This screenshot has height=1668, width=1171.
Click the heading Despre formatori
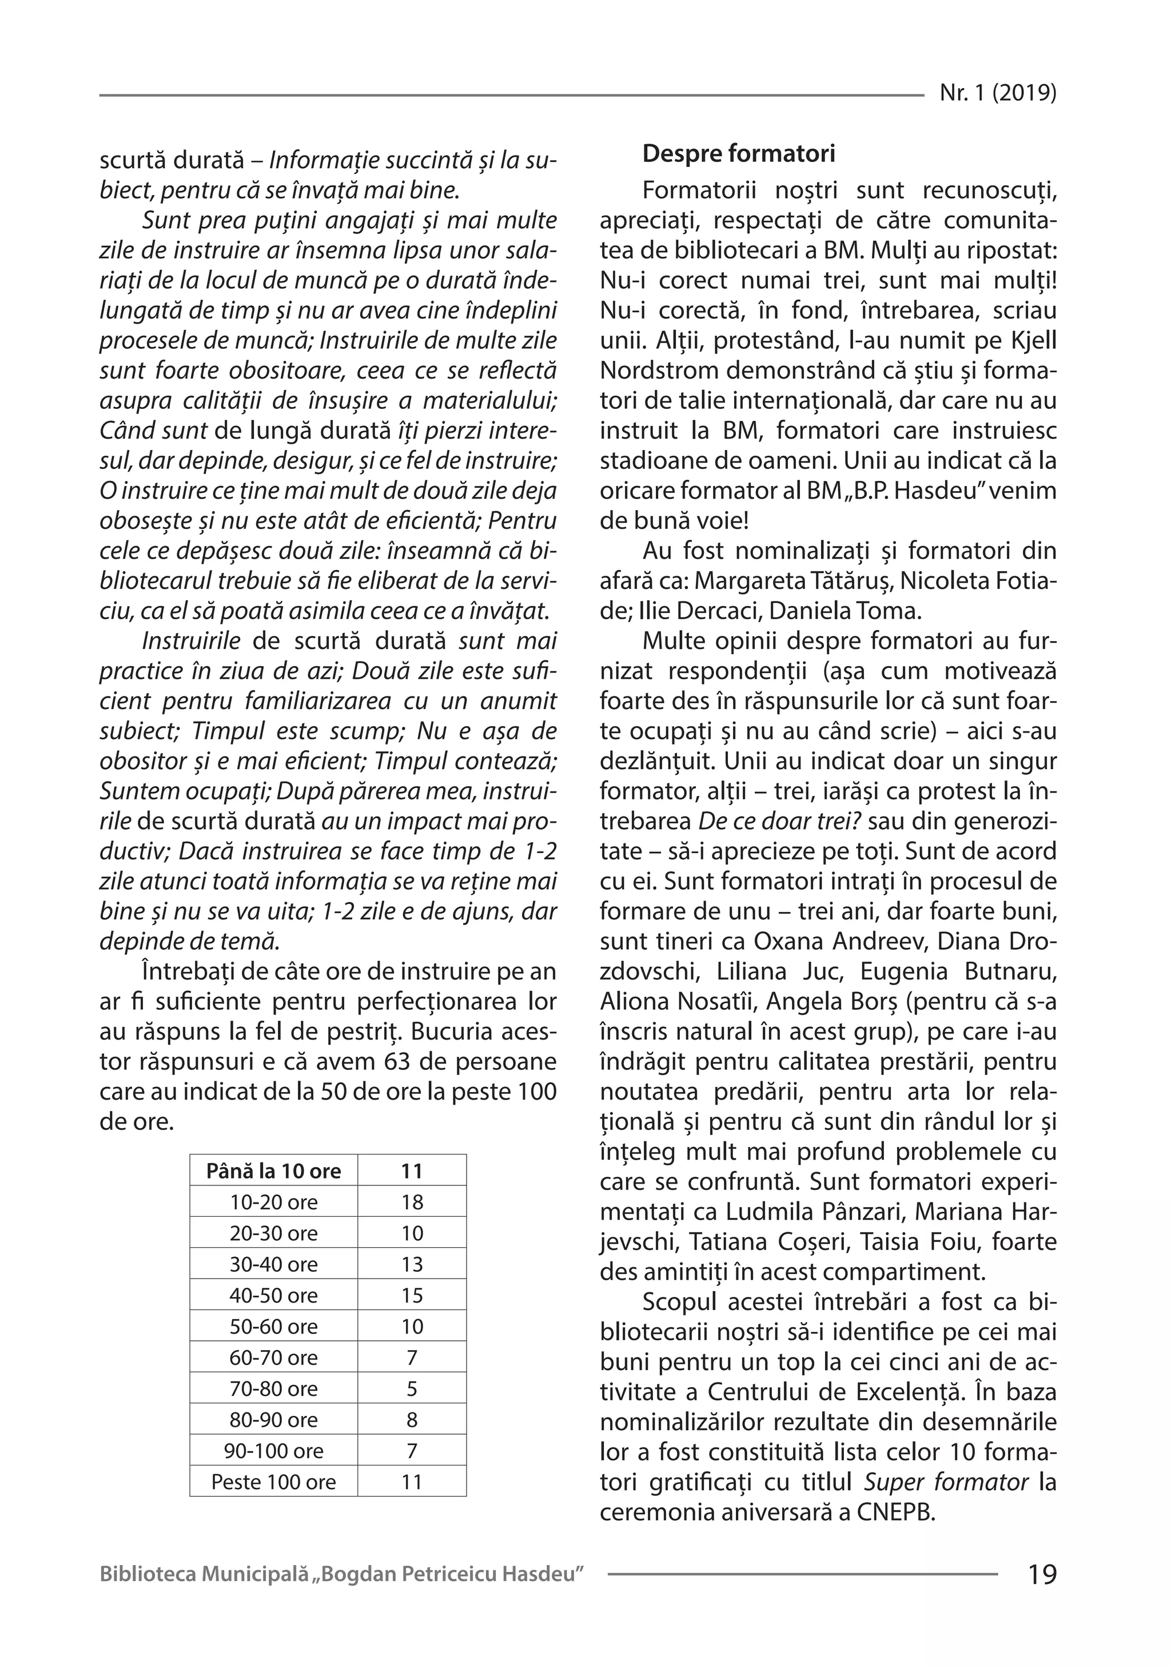coord(739,153)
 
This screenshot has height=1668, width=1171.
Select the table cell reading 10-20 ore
coord(274,1203)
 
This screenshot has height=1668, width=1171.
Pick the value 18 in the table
coord(412,1203)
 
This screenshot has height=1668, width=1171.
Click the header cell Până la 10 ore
coord(274,1171)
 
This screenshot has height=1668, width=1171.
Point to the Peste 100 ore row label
coord(274,1482)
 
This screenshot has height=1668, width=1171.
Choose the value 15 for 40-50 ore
coord(412,1295)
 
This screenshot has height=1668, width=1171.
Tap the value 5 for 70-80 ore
coord(412,1389)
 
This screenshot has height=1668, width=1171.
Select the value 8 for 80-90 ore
coord(412,1420)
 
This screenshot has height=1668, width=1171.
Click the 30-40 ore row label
coord(274,1265)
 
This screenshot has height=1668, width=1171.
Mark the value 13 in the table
coord(412,1265)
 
